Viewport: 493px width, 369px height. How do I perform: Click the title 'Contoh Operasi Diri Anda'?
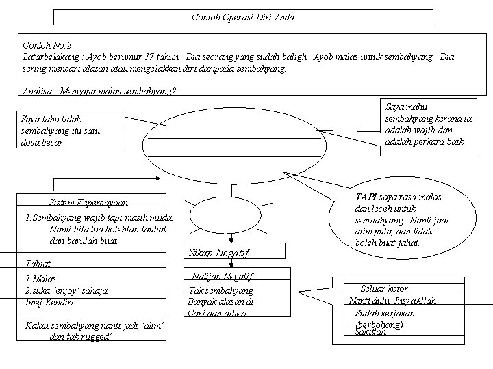243,17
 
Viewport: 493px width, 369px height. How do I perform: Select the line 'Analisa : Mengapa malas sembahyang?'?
99,91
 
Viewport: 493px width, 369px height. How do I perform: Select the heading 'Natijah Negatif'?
219,277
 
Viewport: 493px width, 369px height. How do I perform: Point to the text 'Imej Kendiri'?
49,302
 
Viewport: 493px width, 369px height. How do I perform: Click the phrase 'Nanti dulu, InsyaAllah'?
392,301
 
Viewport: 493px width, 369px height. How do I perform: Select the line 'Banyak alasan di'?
220,301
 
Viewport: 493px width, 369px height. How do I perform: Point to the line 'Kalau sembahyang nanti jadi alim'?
94,325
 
